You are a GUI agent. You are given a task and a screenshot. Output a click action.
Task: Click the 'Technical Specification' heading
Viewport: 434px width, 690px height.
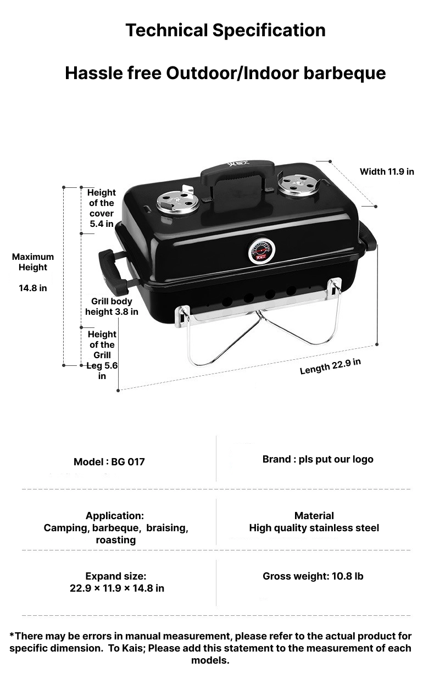point(225,30)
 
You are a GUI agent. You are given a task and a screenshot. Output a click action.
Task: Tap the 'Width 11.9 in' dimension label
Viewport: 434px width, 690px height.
point(387,171)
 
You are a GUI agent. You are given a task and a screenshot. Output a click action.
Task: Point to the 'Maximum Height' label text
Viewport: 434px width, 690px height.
point(33,262)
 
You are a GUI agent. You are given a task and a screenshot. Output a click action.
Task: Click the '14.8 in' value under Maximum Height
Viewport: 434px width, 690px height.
point(33,287)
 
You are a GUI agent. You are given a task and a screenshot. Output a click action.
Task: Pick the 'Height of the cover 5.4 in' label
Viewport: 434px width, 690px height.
point(102,208)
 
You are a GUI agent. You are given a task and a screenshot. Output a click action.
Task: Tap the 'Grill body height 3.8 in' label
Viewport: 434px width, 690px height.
point(112,307)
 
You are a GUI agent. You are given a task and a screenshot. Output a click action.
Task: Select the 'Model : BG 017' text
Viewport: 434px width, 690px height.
point(109,461)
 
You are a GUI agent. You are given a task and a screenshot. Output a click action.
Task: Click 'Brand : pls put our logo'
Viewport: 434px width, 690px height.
point(318,459)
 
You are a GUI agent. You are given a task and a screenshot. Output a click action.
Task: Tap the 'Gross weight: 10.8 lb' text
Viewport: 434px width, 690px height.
point(313,576)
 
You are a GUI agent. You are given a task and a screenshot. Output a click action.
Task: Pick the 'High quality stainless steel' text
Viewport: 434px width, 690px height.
point(314,528)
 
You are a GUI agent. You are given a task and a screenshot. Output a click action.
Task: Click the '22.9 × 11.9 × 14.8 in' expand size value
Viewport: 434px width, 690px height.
point(116,588)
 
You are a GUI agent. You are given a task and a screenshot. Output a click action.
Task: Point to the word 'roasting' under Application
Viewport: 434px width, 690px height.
point(115,540)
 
